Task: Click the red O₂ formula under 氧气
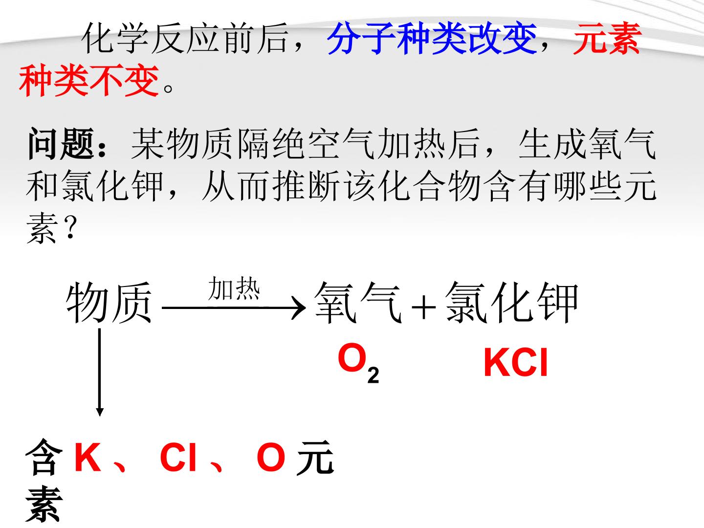(x=358, y=363)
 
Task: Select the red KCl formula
(x=516, y=363)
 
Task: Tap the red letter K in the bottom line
(x=88, y=457)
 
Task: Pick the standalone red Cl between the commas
(x=178, y=457)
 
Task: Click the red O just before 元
(x=271, y=457)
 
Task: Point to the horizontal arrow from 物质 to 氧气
(x=234, y=308)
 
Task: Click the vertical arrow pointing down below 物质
(x=99, y=372)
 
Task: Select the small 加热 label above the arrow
(x=234, y=288)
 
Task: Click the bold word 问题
(x=61, y=143)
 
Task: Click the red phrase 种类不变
(x=89, y=80)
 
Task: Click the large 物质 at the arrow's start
(x=109, y=303)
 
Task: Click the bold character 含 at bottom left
(x=44, y=457)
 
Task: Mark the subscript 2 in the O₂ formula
(x=374, y=375)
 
